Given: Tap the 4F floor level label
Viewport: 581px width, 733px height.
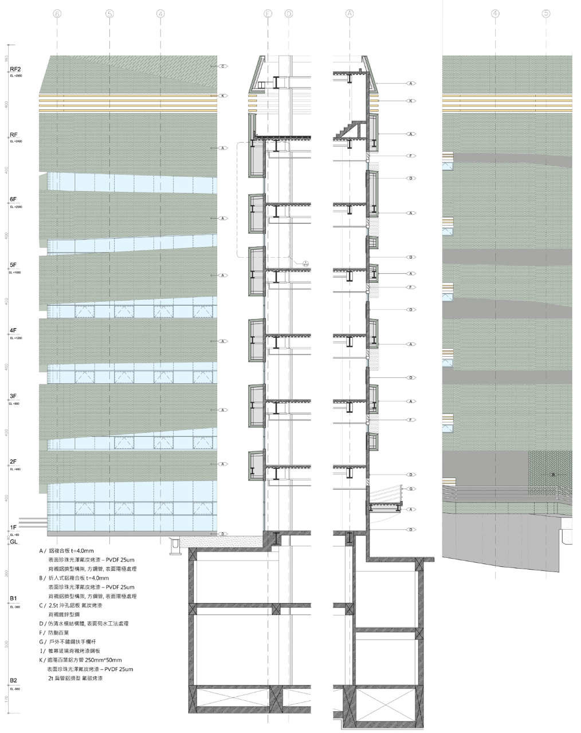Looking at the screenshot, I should pos(14,331).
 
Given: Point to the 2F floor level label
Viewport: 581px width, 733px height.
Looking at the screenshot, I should pos(14,462).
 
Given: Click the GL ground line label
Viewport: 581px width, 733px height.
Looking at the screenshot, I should pos(14,541).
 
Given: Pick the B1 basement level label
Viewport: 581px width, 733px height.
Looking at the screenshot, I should pos(13,598).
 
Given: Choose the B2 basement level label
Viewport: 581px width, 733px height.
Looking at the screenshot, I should pos(13,681).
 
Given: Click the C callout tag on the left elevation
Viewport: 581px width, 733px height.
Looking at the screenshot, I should pos(224,66).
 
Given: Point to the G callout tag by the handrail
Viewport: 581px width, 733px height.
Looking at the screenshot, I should pos(411,488).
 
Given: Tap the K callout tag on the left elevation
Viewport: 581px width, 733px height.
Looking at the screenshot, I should pos(224,96).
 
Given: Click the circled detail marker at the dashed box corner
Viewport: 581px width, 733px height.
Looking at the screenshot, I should pos(306,263).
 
